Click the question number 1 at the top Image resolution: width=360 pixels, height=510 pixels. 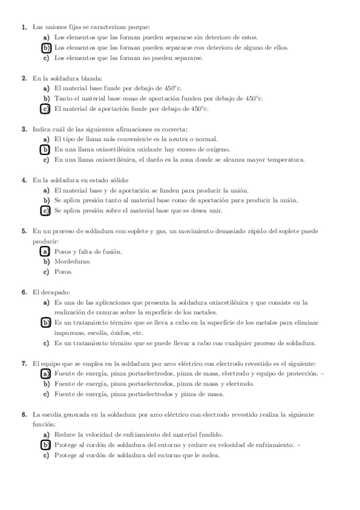click(23, 27)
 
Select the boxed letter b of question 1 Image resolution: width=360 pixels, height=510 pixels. click(46, 48)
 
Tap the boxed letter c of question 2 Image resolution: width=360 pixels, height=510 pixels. click(46, 109)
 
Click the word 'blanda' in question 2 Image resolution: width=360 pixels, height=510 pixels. click(93, 78)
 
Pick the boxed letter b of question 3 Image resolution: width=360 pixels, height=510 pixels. click(46, 150)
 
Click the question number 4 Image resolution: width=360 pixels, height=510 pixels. click(23, 180)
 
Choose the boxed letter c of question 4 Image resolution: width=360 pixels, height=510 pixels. click(46, 211)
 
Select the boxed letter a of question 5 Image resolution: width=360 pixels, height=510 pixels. click(46, 251)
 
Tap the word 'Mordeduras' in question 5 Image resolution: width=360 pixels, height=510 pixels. click(73, 262)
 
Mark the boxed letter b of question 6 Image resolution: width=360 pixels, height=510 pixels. click(46, 323)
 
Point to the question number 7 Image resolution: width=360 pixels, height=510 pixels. click(23, 364)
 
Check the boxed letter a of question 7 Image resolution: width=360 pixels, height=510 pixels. click(46, 374)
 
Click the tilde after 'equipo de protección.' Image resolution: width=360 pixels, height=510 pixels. click(323, 374)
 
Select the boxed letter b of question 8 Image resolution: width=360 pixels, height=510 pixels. click(46, 445)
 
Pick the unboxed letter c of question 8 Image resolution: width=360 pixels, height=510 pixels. click(46, 455)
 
